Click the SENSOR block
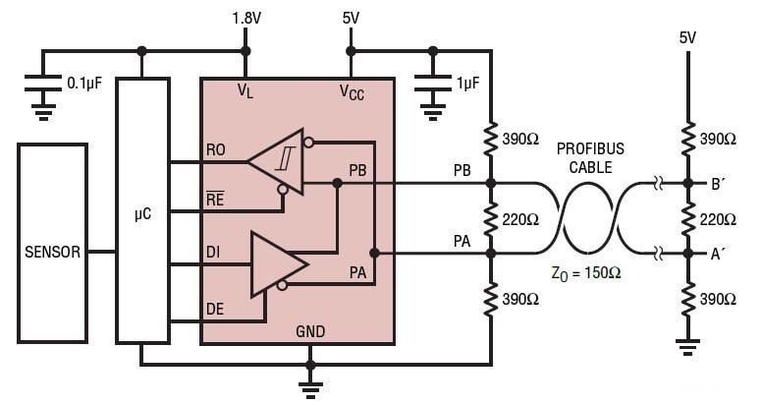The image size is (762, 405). pos(52,251)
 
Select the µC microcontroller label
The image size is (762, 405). pos(142,212)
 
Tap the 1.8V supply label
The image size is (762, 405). pos(245,18)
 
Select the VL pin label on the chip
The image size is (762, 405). pos(245,91)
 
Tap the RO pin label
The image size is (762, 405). pos(216,150)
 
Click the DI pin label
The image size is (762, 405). pos(214,253)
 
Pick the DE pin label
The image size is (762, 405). pos(215,308)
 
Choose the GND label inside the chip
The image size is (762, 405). pos(310,332)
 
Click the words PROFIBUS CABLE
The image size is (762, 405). pos(590,157)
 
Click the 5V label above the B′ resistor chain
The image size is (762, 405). pos(687,37)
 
